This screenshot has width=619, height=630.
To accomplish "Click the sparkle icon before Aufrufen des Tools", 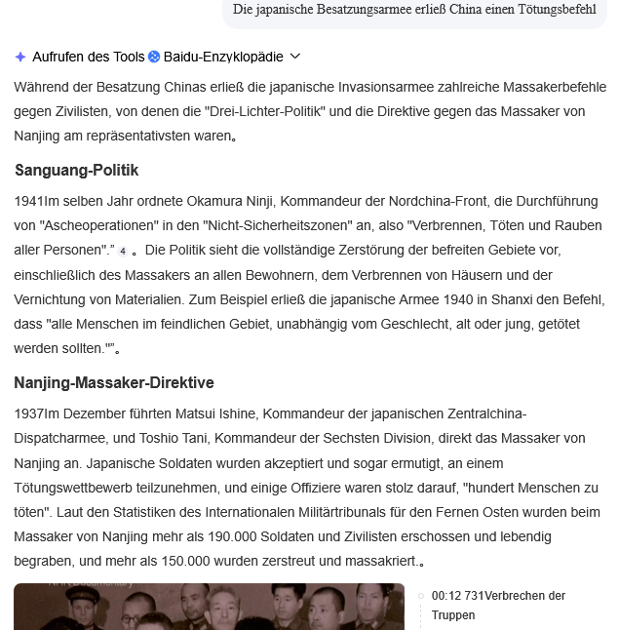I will click(x=20, y=58).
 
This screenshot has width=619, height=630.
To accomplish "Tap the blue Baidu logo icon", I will click(x=154, y=58).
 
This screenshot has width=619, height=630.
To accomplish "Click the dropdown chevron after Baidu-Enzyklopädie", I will click(x=295, y=58).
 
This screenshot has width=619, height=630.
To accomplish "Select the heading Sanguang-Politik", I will click(x=76, y=171).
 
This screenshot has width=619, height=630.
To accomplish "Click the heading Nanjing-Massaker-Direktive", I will click(x=114, y=382).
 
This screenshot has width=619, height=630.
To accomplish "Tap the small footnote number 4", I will click(x=123, y=251).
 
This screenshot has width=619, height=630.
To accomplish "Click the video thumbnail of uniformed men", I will click(x=209, y=607).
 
